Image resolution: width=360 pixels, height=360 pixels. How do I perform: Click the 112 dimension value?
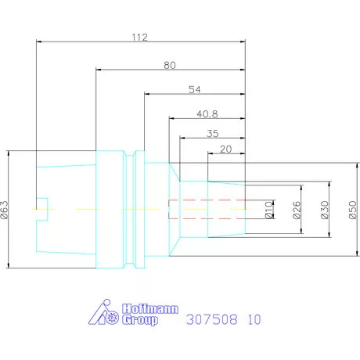139,38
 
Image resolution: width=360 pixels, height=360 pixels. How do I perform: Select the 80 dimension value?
170,65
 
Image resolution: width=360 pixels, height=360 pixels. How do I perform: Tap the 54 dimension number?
195,90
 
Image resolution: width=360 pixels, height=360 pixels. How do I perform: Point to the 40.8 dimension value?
207,114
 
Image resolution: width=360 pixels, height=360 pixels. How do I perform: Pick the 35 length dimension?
213,134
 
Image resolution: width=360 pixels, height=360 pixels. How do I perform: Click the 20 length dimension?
225,149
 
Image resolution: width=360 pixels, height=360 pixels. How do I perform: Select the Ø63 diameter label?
5,210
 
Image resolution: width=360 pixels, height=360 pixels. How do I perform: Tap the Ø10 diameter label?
268,210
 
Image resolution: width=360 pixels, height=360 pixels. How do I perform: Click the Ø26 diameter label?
297,210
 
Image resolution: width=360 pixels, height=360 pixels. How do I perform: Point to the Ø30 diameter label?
325,210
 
